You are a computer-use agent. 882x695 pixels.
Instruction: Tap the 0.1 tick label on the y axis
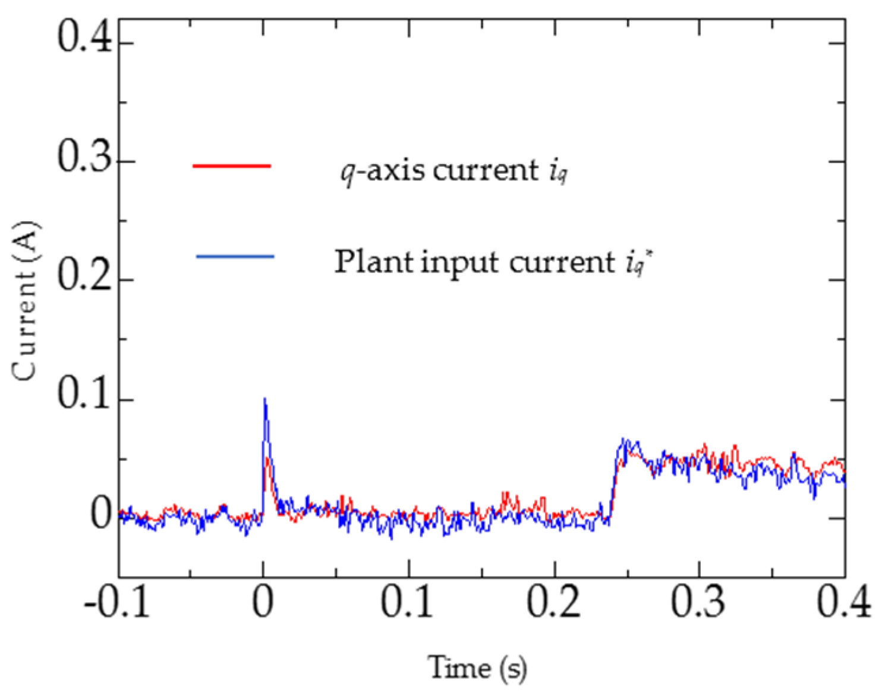click(84, 395)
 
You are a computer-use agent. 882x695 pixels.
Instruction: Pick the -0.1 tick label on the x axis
click(117, 602)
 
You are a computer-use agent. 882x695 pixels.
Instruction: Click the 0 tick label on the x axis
click(263, 602)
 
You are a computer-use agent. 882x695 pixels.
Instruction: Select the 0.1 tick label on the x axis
click(408, 602)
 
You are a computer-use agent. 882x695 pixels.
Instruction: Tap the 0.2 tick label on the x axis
click(554, 602)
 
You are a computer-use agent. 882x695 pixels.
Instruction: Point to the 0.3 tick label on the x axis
click(699, 602)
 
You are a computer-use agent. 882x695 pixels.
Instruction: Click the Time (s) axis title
click(477, 668)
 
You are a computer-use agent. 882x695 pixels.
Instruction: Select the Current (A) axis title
click(25, 300)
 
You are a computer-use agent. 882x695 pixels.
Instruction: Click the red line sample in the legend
click(232, 165)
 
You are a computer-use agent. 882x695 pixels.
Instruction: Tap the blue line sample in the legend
click(235, 256)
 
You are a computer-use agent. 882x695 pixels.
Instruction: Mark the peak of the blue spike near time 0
click(264, 399)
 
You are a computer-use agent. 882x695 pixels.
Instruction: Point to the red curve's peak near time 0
click(268, 459)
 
